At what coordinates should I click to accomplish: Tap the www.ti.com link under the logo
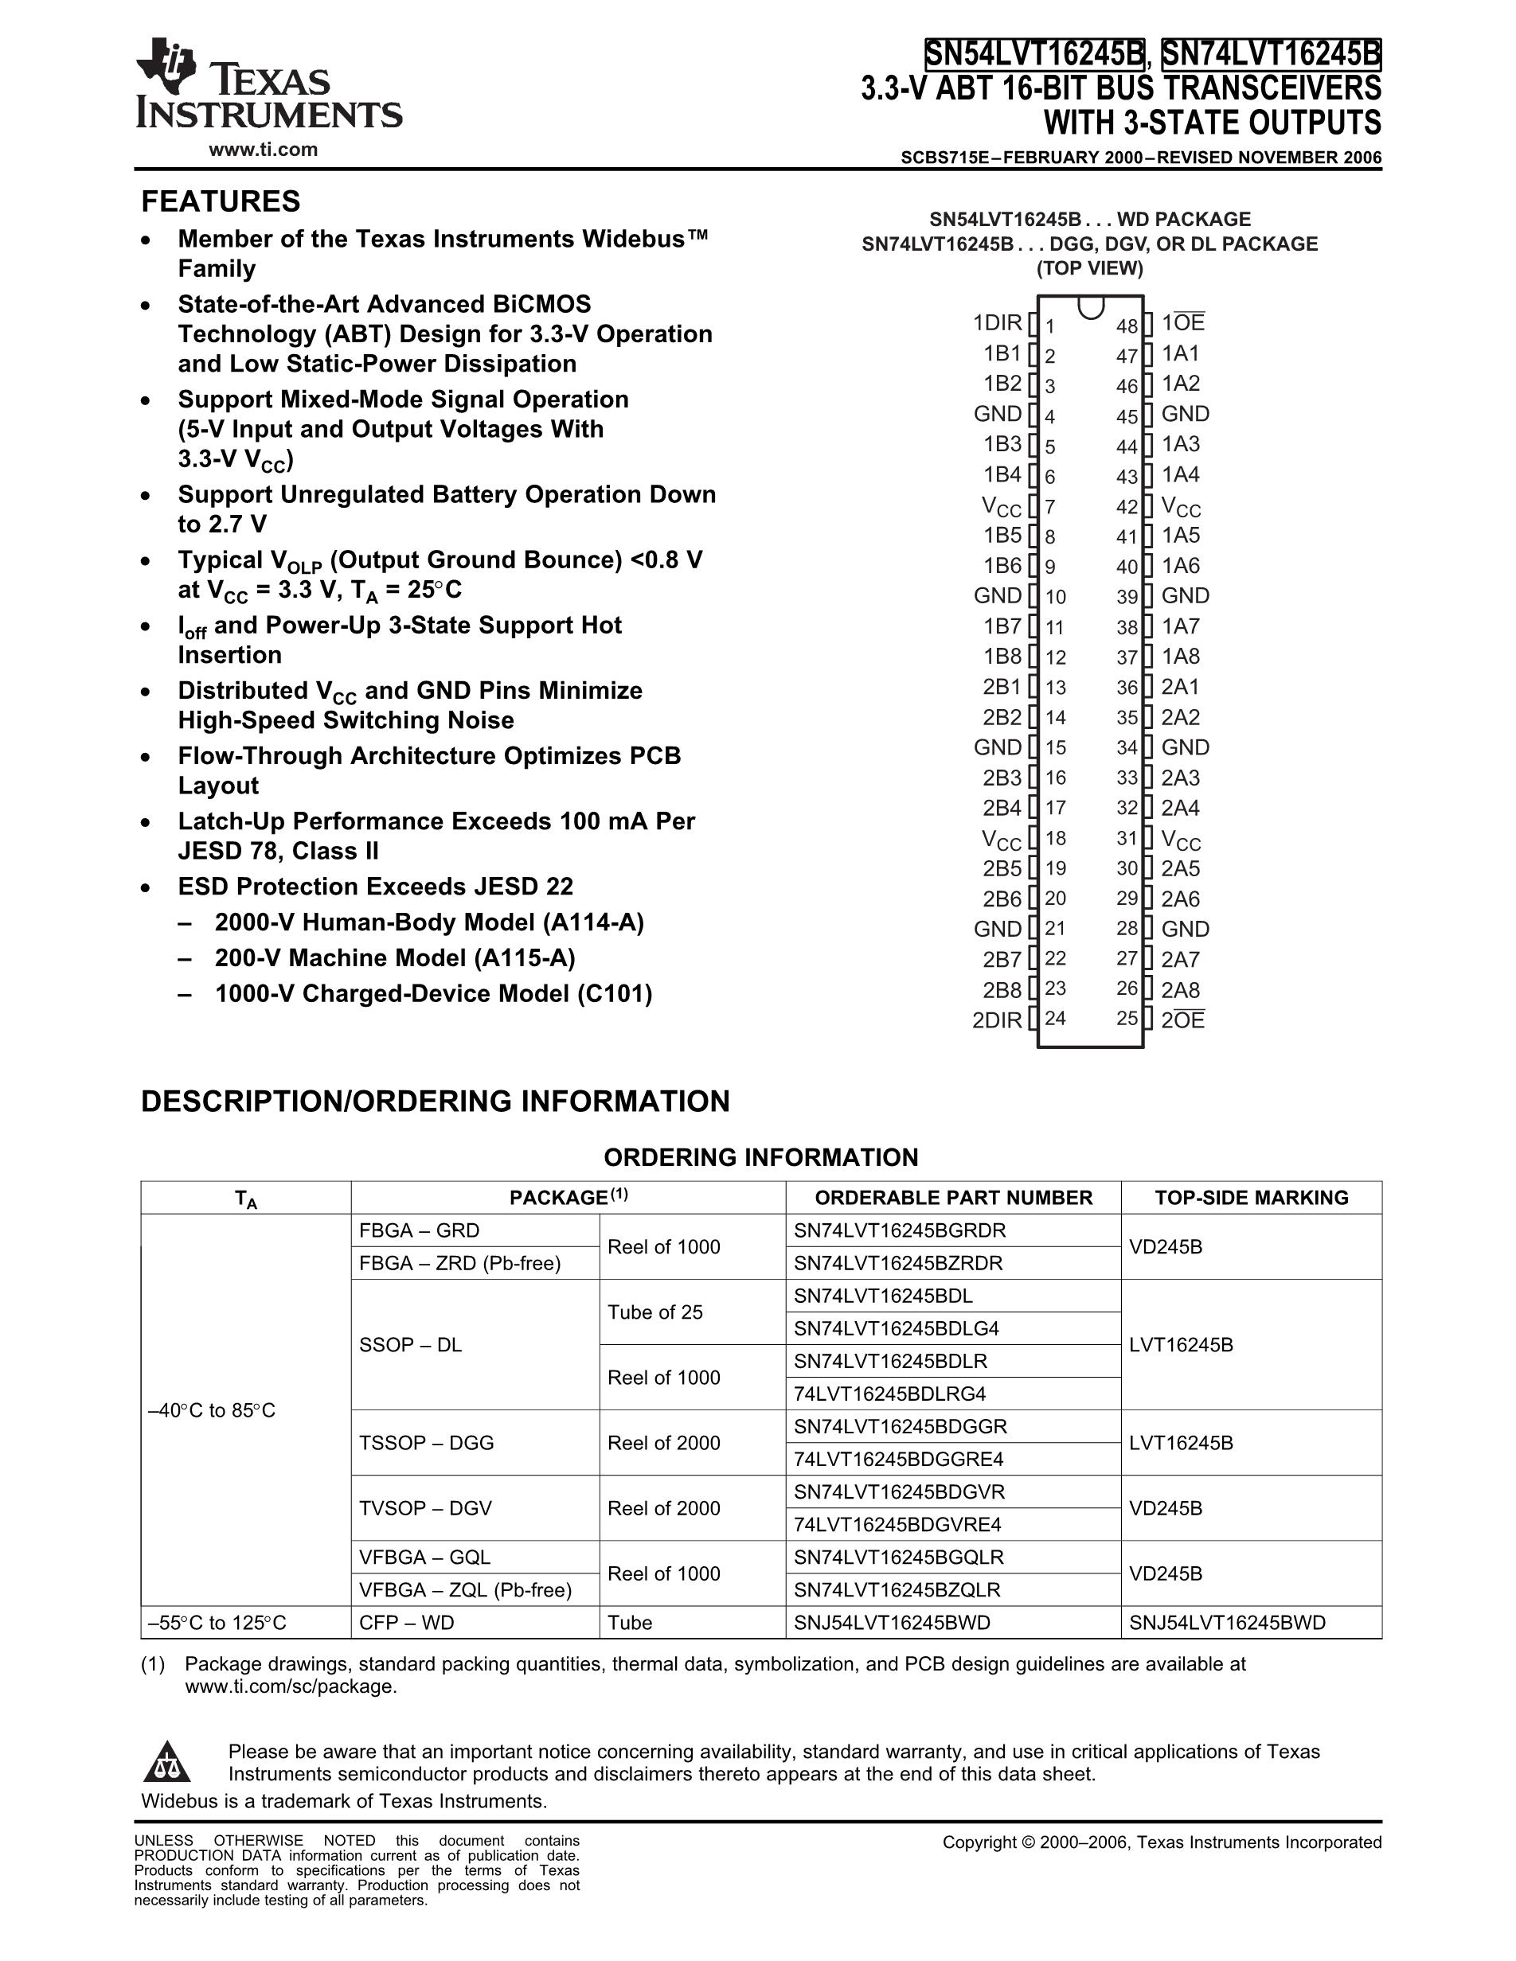(263, 150)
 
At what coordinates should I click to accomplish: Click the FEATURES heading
(220, 201)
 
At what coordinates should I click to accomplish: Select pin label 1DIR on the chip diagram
(997, 322)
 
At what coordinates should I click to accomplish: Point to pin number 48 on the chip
(1126, 326)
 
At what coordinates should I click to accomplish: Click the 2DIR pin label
(997, 1020)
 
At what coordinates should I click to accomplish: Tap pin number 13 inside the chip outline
(1055, 688)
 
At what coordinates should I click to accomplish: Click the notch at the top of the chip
(1090, 307)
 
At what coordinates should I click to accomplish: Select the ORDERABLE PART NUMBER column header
(953, 1198)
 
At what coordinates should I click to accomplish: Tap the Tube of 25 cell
(654, 1312)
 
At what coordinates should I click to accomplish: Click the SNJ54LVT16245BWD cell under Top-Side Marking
(1227, 1623)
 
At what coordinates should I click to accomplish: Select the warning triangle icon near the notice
(167, 1762)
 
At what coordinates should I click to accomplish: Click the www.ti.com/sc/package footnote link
(290, 1686)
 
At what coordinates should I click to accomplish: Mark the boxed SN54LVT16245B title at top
(1034, 55)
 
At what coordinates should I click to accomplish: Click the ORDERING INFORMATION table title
(760, 1157)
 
